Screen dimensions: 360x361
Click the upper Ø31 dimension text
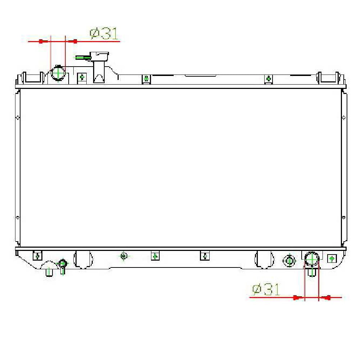pyautogui.click(x=104, y=34)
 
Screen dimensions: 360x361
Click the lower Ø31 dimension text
pyautogui.click(x=266, y=289)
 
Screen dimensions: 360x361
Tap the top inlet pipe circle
pyautogui.click(x=58, y=73)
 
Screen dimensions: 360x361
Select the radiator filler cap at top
pyautogui.click(x=100, y=57)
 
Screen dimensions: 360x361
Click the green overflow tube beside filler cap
pyautogui.click(x=83, y=57)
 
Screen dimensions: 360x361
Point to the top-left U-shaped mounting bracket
pyautogui.click(x=33, y=77)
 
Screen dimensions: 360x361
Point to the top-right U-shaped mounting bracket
pyautogui.click(x=328, y=77)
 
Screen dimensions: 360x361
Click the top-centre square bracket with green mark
pyautogui.click(x=146, y=79)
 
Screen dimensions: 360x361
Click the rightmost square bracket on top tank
pyautogui.click(x=269, y=79)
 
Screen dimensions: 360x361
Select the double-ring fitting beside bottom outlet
pyautogui.click(x=289, y=260)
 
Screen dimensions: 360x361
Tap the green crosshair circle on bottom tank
pyautogui.click(x=124, y=256)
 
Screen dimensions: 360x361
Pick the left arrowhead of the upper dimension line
pyautogui.click(x=41, y=42)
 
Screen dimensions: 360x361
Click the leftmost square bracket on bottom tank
pyautogui.click(x=37, y=256)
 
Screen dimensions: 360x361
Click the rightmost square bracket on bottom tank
pyautogui.click(x=332, y=258)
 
